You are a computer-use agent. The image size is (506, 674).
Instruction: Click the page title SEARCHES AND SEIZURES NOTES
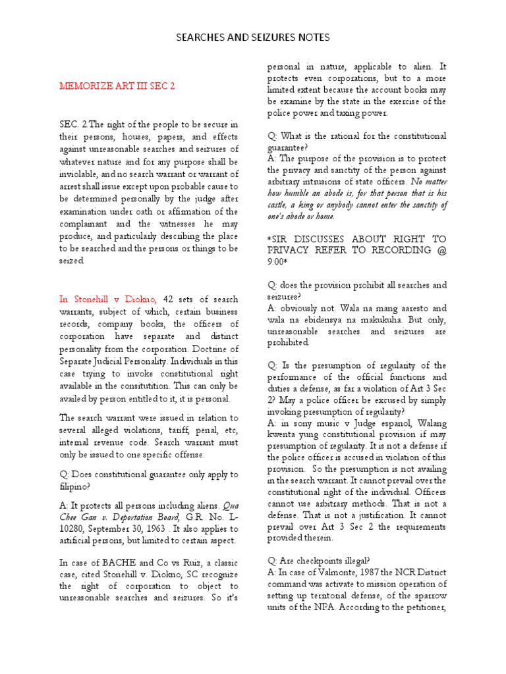coord(253,38)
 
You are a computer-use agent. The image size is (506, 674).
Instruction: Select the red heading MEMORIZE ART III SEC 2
coord(118,86)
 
